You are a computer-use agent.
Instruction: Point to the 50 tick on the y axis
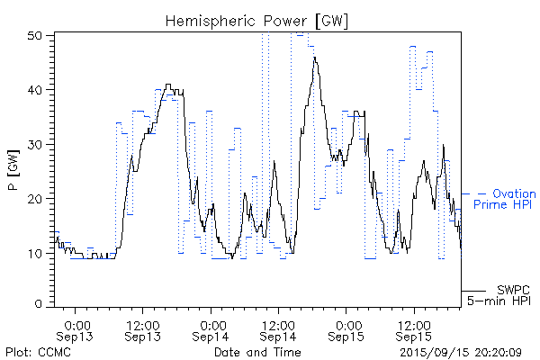click(x=37, y=35)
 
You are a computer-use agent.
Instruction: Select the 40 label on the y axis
click(x=37, y=89)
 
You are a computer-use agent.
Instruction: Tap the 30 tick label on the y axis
click(x=37, y=144)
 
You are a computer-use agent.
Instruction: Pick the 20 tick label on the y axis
click(x=37, y=198)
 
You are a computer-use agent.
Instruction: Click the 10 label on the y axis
click(x=37, y=252)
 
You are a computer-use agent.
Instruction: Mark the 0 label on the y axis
click(x=40, y=304)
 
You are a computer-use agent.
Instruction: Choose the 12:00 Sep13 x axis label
click(x=144, y=329)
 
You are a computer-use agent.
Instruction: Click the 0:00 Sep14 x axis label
click(x=212, y=329)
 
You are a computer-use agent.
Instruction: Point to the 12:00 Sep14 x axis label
click(x=279, y=329)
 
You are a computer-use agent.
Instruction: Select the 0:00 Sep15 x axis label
click(x=347, y=329)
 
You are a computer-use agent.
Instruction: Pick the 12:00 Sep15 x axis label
click(x=414, y=329)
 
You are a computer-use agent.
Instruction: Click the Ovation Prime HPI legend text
click(x=504, y=200)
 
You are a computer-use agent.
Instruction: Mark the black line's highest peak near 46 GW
click(x=314, y=58)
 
